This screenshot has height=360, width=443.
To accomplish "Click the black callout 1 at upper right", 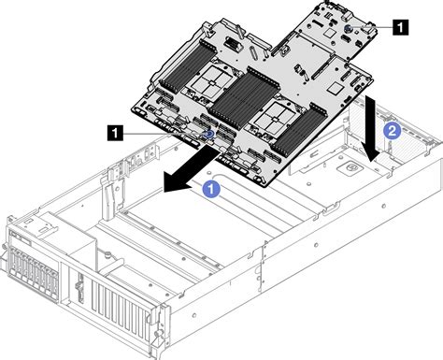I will [401, 28].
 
